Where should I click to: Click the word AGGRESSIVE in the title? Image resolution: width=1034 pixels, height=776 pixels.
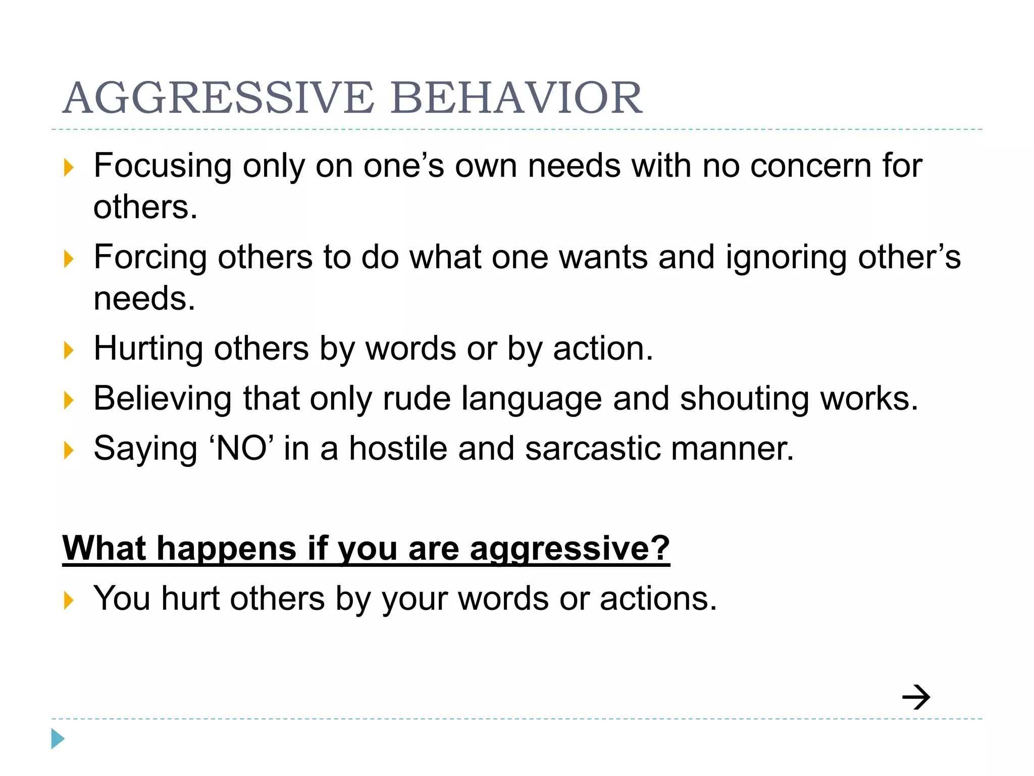coord(219,98)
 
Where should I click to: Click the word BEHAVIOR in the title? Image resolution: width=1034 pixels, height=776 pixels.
coord(516,98)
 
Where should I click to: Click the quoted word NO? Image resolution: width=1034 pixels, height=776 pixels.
coord(241,449)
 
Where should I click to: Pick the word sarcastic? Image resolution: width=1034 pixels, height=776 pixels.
coord(592,449)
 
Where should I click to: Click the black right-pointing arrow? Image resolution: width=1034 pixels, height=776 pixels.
coord(916,697)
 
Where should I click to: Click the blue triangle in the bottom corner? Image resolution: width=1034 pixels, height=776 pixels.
coord(58,739)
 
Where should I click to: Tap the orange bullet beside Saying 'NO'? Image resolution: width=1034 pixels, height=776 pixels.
coord(69,450)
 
